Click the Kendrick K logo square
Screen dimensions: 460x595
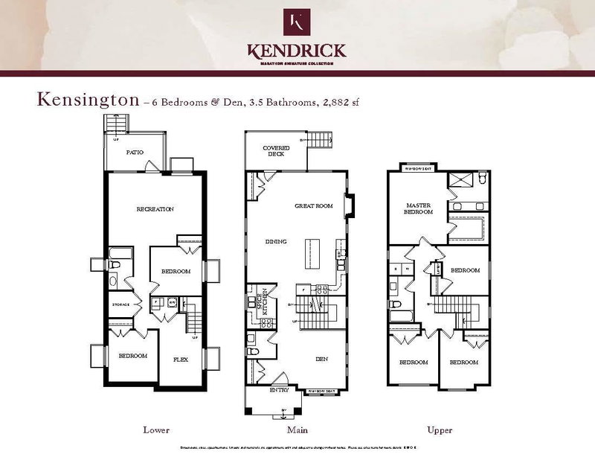click(297, 22)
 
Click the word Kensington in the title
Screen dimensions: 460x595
click(83, 100)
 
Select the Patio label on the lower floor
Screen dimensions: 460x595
click(134, 153)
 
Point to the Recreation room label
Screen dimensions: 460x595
click(155, 209)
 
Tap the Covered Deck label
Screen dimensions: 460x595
click(276, 152)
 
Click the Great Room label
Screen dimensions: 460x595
click(313, 205)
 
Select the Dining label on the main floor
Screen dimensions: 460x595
click(277, 241)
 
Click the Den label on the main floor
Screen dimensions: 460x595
click(321, 359)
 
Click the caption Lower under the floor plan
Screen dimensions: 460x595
click(156, 430)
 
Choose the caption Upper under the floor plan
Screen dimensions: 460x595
click(440, 430)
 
